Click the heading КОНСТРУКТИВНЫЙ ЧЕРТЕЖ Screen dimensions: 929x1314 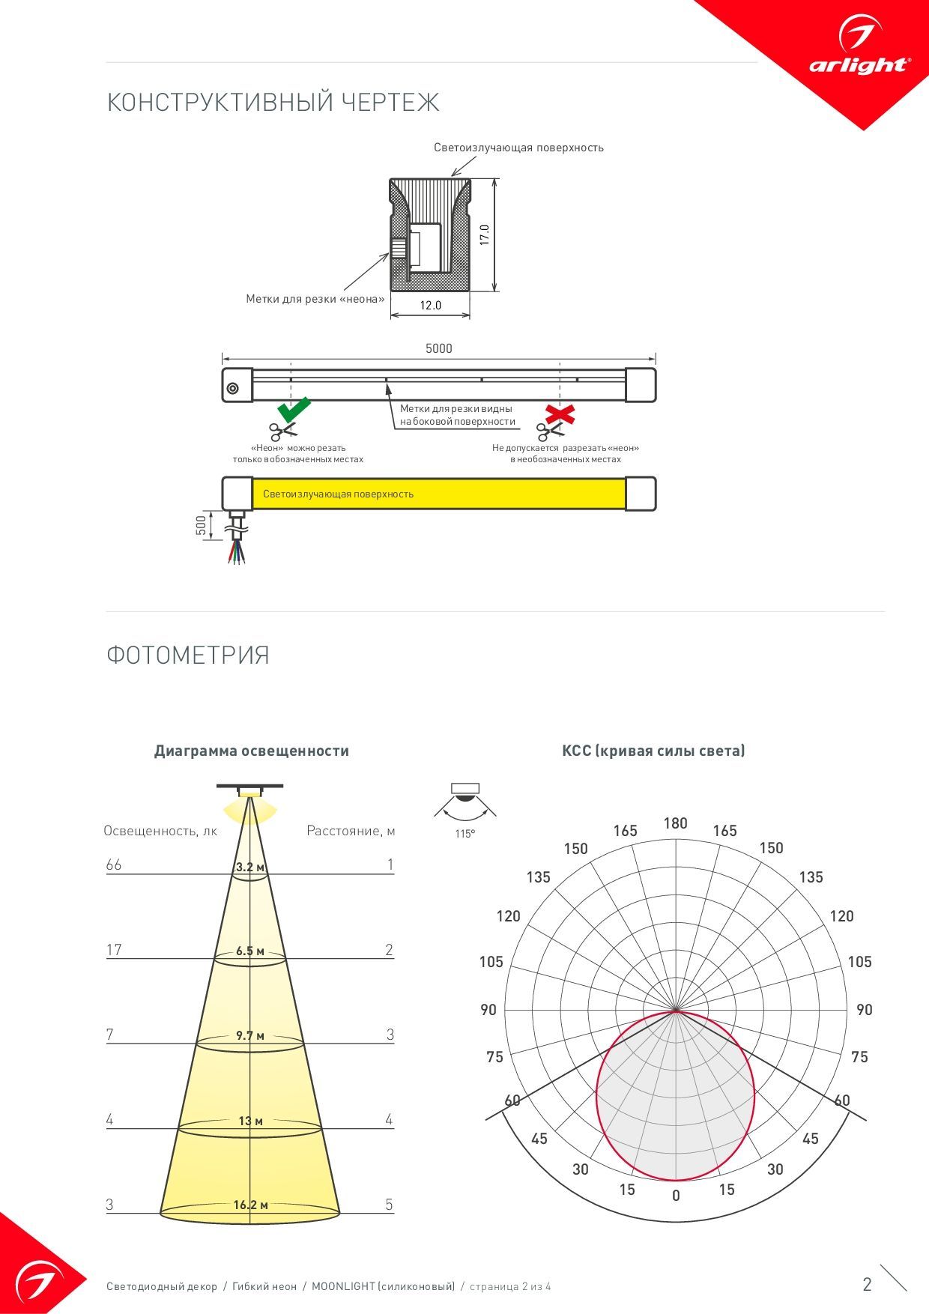click(x=273, y=102)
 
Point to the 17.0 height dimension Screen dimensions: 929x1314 click(x=485, y=234)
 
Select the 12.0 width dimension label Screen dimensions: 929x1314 click(x=431, y=305)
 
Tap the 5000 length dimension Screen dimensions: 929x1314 click(x=439, y=348)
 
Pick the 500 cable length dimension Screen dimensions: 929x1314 click(x=201, y=525)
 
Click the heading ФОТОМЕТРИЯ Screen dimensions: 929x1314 click(x=188, y=655)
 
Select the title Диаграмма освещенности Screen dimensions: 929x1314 click(x=252, y=751)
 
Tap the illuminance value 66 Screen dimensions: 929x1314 click(x=114, y=865)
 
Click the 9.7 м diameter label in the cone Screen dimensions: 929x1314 click(x=250, y=1035)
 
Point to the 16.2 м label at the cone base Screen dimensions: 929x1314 click(x=250, y=1205)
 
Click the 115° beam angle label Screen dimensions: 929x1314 click(x=465, y=834)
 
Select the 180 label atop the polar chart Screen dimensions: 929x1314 click(x=675, y=823)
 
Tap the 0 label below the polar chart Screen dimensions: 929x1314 click(x=676, y=1196)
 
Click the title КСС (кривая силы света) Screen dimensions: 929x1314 click(x=653, y=751)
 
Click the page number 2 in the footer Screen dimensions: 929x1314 click(x=868, y=1284)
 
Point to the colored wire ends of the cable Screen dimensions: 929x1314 click(x=236, y=554)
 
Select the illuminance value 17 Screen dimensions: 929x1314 click(x=114, y=950)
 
